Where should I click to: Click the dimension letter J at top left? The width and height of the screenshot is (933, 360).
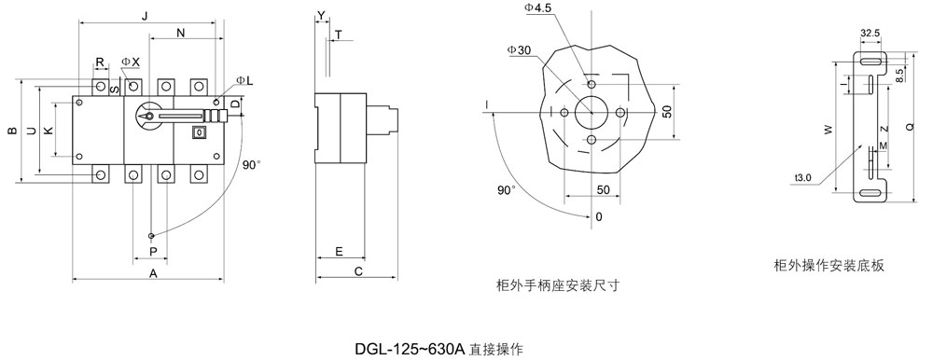pyautogui.click(x=146, y=16)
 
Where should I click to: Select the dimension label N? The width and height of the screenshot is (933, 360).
pyautogui.click(x=181, y=34)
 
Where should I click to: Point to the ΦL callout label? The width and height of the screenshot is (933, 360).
pyautogui.click(x=244, y=80)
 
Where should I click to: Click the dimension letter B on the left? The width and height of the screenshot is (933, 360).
pyautogui.click(x=11, y=131)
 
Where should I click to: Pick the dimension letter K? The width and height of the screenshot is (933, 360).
pyautogui.click(x=49, y=131)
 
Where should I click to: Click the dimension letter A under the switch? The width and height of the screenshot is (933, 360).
pyautogui.click(x=153, y=273)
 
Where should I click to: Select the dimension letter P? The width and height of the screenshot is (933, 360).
pyautogui.click(x=153, y=253)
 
